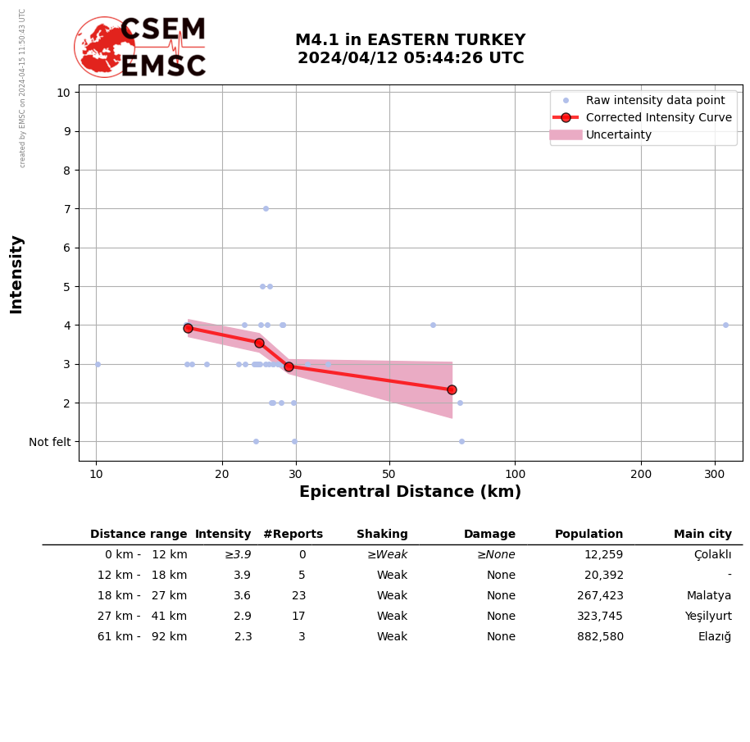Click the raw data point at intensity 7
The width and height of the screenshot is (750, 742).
[x=266, y=208]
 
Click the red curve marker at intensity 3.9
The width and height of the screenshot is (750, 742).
[x=188, y=328]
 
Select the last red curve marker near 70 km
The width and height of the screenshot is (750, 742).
[x=452, y=389]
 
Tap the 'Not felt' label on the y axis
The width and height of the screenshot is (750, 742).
[x=50, y=442]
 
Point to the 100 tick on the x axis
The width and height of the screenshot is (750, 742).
[x=515, y=474]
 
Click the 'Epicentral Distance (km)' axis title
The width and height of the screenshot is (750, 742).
[x=410, y=492]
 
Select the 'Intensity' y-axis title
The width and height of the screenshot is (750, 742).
[x=16, y=274]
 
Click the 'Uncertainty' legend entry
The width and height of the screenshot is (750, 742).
[x=618, y=135]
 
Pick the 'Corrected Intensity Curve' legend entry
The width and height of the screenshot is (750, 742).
[x=658, y=117]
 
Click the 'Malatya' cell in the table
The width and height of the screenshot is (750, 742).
[x=709, y=596]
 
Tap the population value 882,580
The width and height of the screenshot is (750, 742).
[x=600, y=637]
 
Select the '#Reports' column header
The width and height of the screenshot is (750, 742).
[x=293, y=535]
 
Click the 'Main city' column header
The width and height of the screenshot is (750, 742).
[x=702, y=535]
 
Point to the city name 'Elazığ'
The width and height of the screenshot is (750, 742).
[x=714, y=637]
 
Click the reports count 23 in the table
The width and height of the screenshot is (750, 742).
[x=298, y=596]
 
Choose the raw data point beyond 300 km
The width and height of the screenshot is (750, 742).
[x=725, y=325]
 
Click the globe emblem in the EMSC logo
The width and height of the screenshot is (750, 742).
[x=104, y=47]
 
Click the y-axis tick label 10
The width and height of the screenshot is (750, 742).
[x=63, y=92]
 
